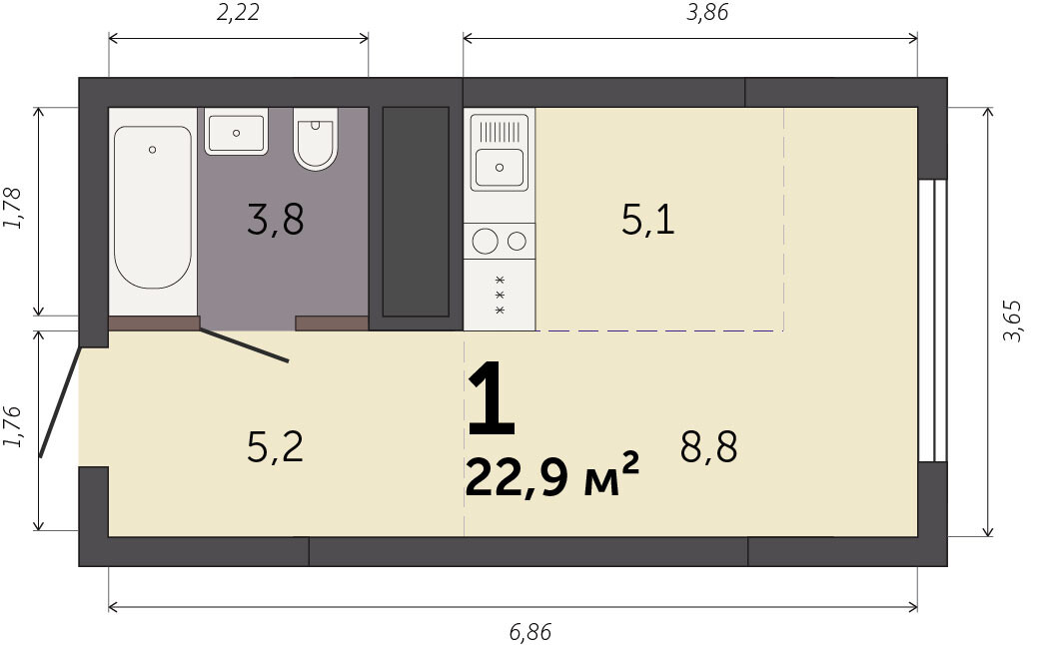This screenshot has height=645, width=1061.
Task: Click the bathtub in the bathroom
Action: tap(153, 207)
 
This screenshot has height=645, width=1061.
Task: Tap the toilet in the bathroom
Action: tap(316, 139)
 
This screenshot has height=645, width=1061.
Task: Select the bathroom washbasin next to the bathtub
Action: tap(236, 132)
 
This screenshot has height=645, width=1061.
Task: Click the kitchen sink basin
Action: tap(500, 168)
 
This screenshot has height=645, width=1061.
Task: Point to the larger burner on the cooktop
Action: tap(486, 242)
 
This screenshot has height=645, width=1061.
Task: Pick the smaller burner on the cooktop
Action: tap(517, 241)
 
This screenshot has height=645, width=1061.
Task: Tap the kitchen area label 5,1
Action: tap(648, 220)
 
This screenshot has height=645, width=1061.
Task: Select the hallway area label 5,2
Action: tap(276, 446)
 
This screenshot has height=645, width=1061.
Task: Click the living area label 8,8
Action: tap(708, 446)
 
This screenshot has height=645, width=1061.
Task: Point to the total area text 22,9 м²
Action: tap(552, 475)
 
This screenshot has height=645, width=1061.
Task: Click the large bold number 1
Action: tap(492, 399)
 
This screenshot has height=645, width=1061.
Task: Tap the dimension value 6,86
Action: tap(530, 632)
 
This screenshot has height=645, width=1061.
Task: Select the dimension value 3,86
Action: tap(707, 12)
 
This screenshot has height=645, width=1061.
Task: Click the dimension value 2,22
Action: tap(238, 12)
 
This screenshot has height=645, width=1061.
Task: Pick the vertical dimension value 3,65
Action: tap(1012, 321)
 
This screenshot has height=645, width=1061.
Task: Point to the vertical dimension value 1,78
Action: tap(12, 209)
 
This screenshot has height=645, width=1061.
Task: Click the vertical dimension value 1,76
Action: tap(12, 426)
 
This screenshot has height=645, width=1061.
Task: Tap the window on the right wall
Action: tap(932, 321)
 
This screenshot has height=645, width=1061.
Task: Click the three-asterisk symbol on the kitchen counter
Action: tap(501, 295)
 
